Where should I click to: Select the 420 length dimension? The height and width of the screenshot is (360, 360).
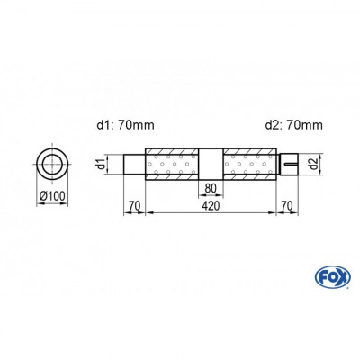pos(211,205)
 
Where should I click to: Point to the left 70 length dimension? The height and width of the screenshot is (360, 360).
pos(133,205)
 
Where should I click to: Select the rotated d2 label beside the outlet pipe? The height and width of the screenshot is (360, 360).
pos(312,165)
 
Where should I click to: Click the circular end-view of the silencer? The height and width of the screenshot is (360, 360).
pos(50,165)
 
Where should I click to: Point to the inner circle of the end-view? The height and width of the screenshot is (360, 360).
pos(50,165)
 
